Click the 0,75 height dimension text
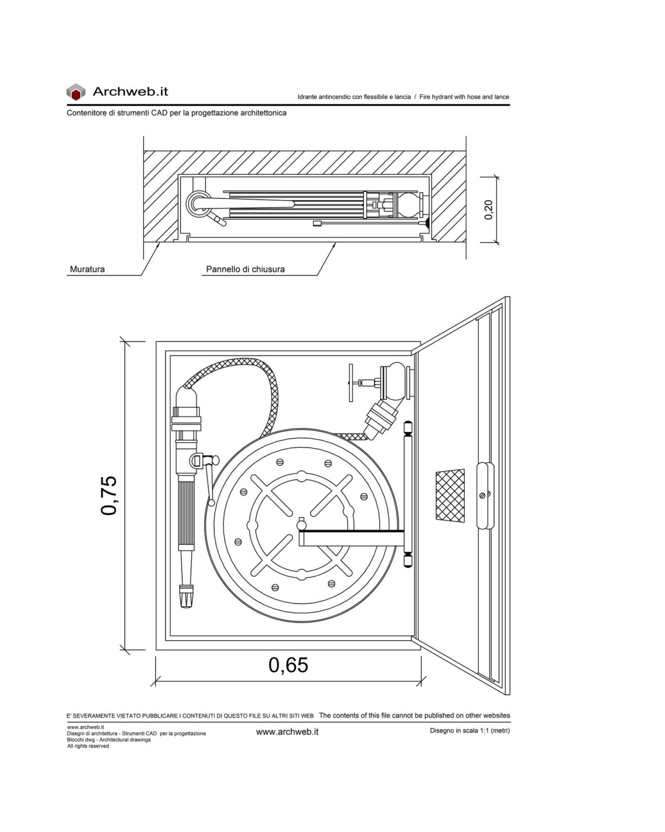pos(109,495)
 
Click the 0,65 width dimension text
pos(288,665)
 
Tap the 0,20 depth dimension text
pos(488,210)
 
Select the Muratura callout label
pos(87,269)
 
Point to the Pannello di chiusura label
pos(245,269)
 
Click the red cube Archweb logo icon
pos(76,92)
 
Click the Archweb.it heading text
pos(131,92)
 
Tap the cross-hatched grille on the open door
pos(450,495)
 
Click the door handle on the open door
pos(485,495)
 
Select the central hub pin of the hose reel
pos(301,525)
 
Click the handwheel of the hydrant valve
pos(351,383)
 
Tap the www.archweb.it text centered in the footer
pos(287,731)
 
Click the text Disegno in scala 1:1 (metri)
pos(470,730)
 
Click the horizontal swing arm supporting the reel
pos(351,538)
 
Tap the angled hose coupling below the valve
pos(381,419)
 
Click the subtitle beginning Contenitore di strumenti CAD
pos(177,113)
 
